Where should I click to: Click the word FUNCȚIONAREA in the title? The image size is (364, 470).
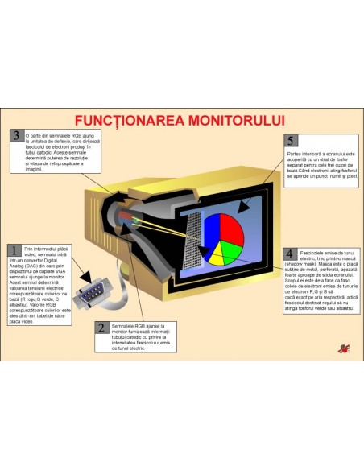point(125,121)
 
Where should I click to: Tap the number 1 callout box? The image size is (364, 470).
point(16,252)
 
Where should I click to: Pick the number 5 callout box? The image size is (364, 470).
point(292,142)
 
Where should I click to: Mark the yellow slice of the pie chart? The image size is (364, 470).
point(217,257)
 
